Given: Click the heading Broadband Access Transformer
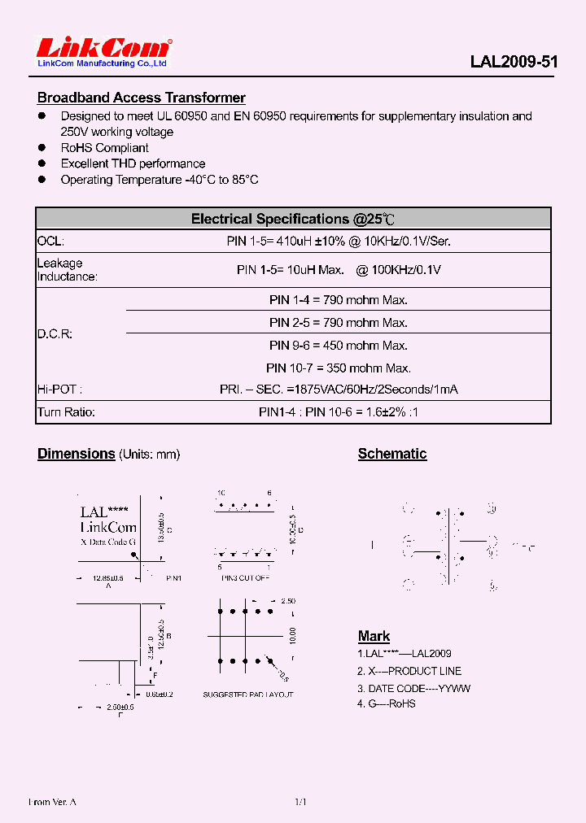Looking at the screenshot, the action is pyautogui.click(x=141, y=98).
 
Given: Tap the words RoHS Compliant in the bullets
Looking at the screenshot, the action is pyautogui.click(x=104, y=148).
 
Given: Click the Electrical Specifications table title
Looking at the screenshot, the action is pyautogui.click(x=293, y=219).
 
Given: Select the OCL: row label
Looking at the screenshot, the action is pyautogui.click(x=50, y=242).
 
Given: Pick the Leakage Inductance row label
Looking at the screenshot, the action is pyautogui.click(x=67, y=270).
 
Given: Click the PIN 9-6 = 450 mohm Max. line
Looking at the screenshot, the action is pyautogui.click(x=339, y=346).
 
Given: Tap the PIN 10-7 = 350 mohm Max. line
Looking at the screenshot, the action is pyautogui.click(x=339, y=368).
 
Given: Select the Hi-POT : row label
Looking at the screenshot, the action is pyautogui.click(x=60, y=390).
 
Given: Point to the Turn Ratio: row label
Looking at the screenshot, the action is pyautogui.click(x=66, y=412).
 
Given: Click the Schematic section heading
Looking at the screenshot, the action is pyautogui.click(x=392, y=454).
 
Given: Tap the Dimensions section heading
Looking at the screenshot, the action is pyautogui.click(x=76, y=454).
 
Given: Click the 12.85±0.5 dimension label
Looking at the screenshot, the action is pyautogui.click(x=107, y=577).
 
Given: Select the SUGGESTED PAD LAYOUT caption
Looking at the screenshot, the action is pyautogui.click(x=248, y=695).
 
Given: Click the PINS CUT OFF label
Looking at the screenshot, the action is pyautogui.click(x=245, y=577).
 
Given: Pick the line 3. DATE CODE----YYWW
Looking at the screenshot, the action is pyautogui.click(x=414, y=688).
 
